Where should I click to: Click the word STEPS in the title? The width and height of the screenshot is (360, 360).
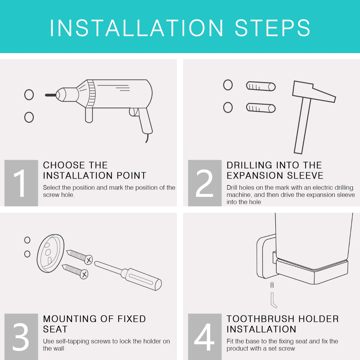[x=272, y=28]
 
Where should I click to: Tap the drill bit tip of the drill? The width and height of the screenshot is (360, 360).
[x=46, y=95]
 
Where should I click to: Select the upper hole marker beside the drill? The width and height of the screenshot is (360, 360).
[x=29, y=95]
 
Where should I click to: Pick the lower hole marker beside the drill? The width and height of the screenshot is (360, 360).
[x=29, y=117]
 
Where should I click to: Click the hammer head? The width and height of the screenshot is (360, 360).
[x=314, y=92]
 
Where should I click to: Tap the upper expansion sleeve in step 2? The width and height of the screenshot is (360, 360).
[x=261, y=86]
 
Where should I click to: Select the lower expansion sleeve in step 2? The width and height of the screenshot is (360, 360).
[x=261, y=108]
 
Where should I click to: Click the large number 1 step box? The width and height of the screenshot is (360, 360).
[x=21, y=183]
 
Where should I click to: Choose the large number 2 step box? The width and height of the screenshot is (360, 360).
[x=205, y=183]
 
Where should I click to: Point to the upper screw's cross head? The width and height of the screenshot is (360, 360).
[x=88, y=260]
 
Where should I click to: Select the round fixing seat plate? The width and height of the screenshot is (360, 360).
[x=51, y=253]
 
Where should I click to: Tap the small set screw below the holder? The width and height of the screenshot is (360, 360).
[x=272, y=285]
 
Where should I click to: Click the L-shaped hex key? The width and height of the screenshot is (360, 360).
[x=273, y=299]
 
